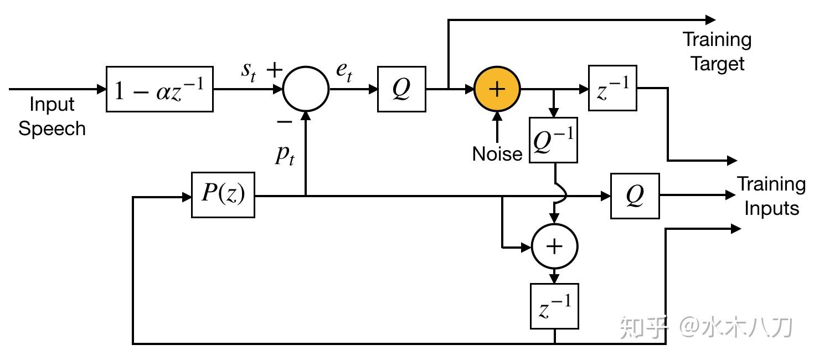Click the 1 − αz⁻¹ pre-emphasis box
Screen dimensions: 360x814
[x=159, y=89]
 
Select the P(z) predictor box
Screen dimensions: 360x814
[x=223, y=195]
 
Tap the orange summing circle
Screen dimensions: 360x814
[x=497, y=89]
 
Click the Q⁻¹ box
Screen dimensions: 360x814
[x=553, y=140]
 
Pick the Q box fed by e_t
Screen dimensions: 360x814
[x=401, y=89]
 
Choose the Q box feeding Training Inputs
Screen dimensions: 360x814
[x=635, y=196]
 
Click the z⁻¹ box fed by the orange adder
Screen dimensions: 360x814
[x=612, y=89]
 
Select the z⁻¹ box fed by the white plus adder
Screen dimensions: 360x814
[x=554, y=306]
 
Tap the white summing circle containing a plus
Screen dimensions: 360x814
[x=554, y=246]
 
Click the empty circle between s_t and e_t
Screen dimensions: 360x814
[x=306, y=89]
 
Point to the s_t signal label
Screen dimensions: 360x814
[x=248, y=73]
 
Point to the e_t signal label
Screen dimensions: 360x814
[x=344, y=73]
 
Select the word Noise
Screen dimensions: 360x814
[x=497, y=154]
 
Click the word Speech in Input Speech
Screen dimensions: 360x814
[x=52, y=128]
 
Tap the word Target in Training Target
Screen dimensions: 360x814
[x=717, y=63]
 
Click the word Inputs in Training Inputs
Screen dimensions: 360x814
[x=771, y=208]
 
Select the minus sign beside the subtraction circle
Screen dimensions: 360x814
[x=284, y=122]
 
